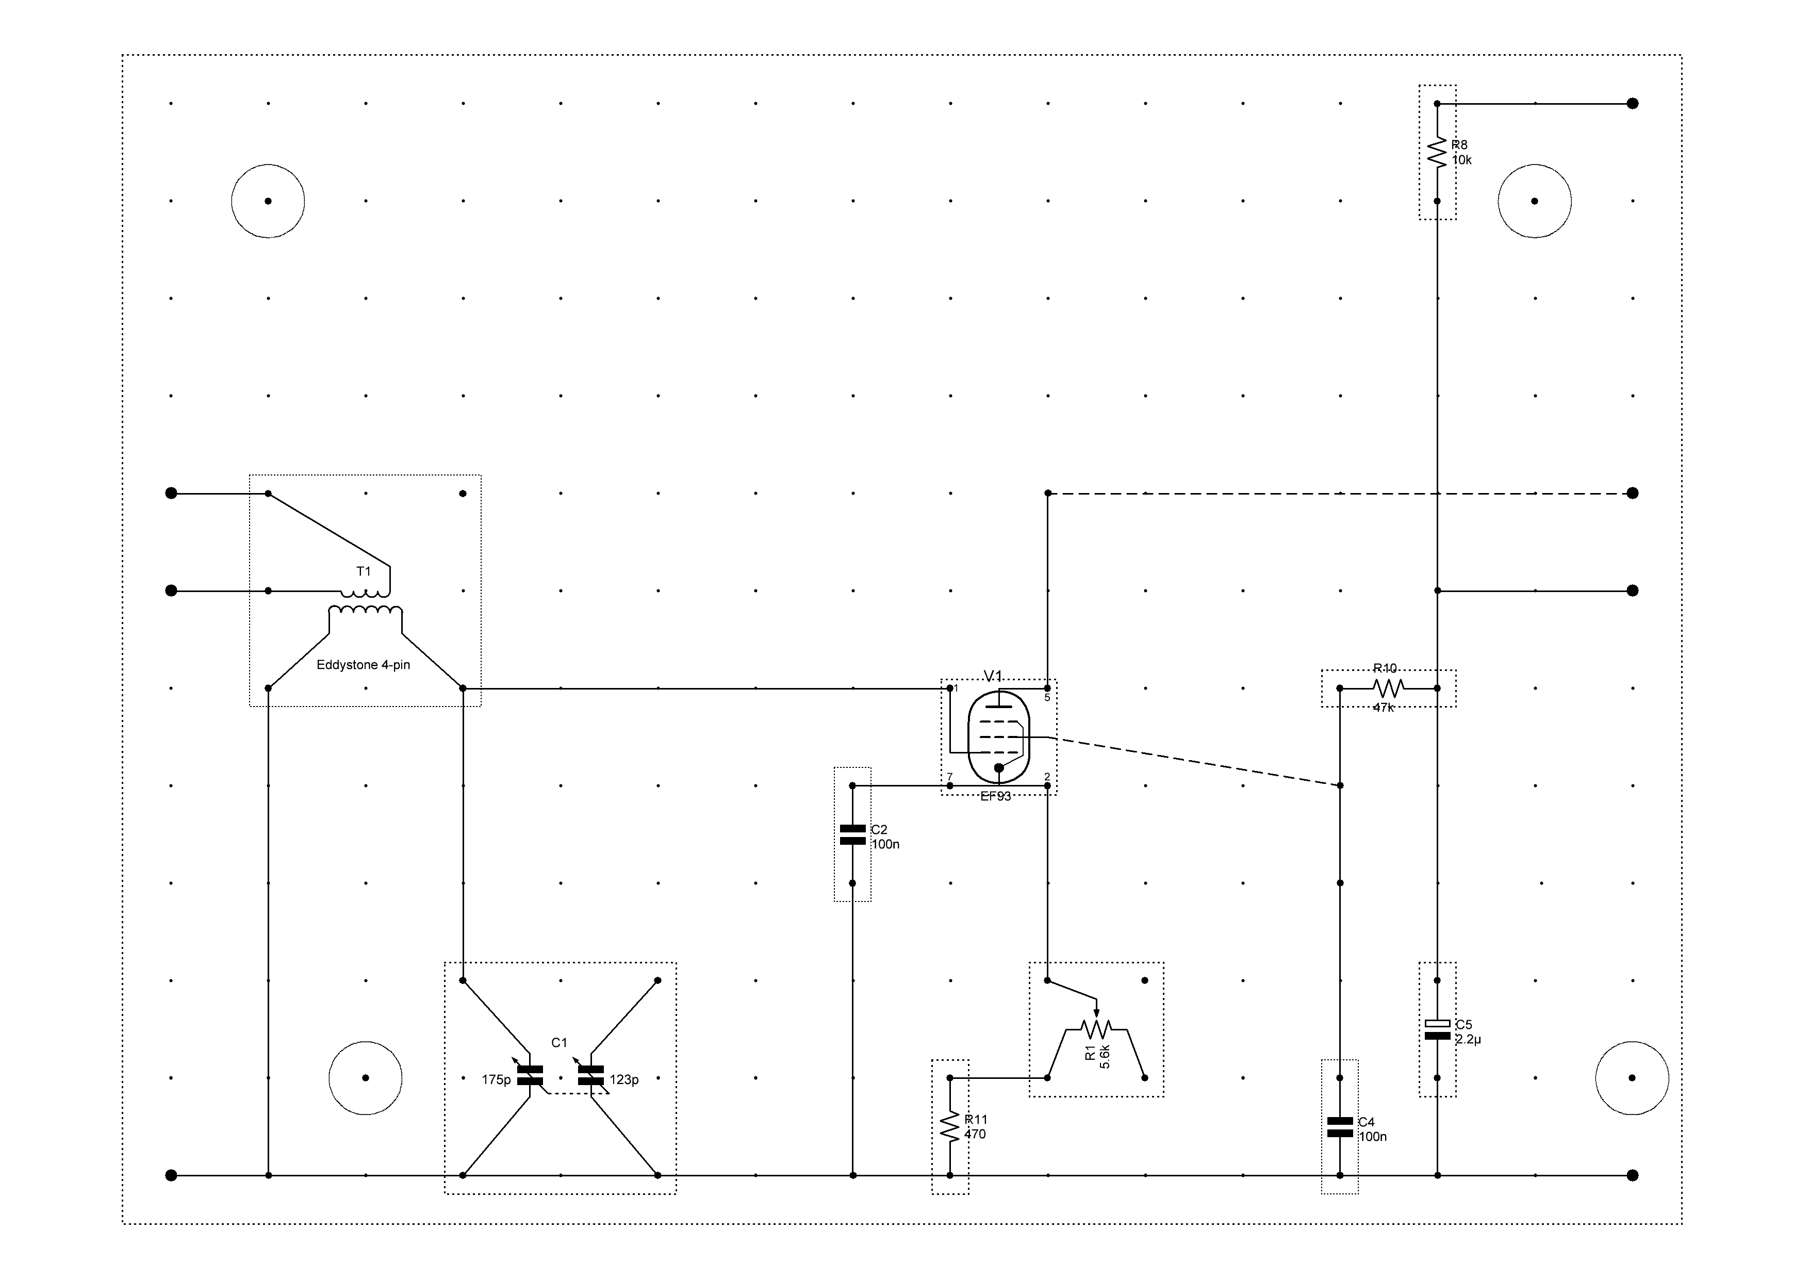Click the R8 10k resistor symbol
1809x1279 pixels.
pyautogui.click(x=1437, y=152)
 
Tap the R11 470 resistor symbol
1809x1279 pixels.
pyautogui.click(x=950, y=1126)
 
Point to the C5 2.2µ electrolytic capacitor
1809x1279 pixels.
pyautogui.click(x=1437, y=1029)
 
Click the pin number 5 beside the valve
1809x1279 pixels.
pyautogui.click(x=1047, y=697)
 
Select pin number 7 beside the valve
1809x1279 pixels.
pyautogui.click(x=950, y=777)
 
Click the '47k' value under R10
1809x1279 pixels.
pyautogui.click(x=1384, y=708)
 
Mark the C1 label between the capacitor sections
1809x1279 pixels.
pyautogui.click(x=560, y=1043)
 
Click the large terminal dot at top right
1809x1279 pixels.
pyautogui.click(x=1633, y=103)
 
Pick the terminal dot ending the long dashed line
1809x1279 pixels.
pyautogui.click(x=1633, y=494)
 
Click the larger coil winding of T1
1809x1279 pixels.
pyautogui.click(x=365, y=612)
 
